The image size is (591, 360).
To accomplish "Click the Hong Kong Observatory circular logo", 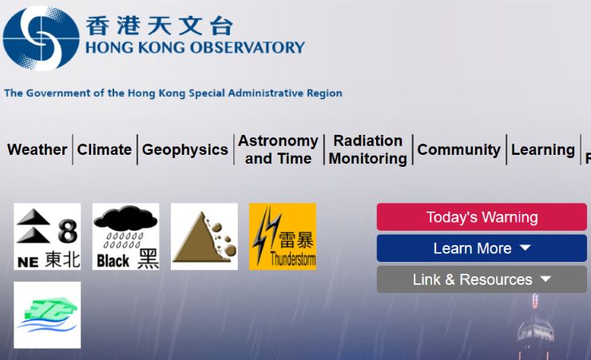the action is point(41,38).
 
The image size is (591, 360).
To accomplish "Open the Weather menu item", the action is point(38,149).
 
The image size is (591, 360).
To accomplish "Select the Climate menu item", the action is point(105,149).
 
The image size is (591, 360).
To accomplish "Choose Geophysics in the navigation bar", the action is point(185,150).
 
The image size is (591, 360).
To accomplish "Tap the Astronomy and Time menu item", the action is point(278,149).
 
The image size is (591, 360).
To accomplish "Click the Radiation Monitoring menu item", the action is point(368,149).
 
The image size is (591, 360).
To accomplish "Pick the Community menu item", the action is point(459,150).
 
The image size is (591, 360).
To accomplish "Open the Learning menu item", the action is point(543,150).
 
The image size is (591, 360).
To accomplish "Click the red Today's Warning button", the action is point(482,217).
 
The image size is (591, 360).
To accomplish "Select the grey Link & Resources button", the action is point(482,279).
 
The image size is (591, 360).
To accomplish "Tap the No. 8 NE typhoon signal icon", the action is point(47,236).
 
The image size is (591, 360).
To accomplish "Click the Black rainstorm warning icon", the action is point(126,236).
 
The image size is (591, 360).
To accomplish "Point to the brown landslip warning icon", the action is point(204,236).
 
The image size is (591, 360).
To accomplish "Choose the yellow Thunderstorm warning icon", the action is point(283,236).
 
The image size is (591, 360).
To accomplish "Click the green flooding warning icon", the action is point(47,315).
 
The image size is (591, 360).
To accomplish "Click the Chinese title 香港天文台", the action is point(160,26).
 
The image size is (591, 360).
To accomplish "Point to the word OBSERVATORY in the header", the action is point(248,47).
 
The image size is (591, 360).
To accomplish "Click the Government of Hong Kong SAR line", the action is point(173,93).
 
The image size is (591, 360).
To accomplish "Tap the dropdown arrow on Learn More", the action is point(525,247).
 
